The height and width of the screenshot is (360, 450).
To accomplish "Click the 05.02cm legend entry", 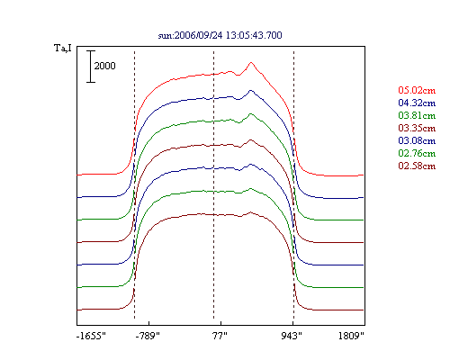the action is (417, 90).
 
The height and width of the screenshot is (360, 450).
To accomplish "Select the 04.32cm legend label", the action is (417, 103).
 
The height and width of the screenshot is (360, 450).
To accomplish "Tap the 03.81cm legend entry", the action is (417, 115).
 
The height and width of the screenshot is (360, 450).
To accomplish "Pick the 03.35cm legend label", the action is (417, 128).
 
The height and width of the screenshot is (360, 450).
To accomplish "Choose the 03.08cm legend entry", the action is (417, 140).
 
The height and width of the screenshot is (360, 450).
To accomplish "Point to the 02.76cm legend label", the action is (417, 153).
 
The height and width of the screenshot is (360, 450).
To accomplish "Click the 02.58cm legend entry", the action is (417, 166).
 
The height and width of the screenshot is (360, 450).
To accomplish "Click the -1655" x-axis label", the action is (91, 336).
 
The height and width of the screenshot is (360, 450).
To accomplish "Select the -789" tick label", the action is (148, 336).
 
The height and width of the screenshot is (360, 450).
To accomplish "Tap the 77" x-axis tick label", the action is (220, 336).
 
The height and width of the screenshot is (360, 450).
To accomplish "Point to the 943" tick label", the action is (292, 336).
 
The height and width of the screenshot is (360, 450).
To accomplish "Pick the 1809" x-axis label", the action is (351, 336).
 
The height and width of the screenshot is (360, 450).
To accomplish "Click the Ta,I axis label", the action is (63, 48).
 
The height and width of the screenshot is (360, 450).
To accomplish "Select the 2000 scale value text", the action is (104, 66).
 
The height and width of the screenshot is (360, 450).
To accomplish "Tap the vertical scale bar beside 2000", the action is (91, 67).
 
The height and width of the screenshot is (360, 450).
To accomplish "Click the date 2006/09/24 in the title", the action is (198, 35).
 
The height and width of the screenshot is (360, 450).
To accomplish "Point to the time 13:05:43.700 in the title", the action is (254, 35).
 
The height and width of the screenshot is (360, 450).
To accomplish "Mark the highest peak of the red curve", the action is (251, 62).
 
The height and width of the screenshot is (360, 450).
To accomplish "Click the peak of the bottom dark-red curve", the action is (250, 212).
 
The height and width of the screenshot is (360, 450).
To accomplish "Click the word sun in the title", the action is (165, 36).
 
